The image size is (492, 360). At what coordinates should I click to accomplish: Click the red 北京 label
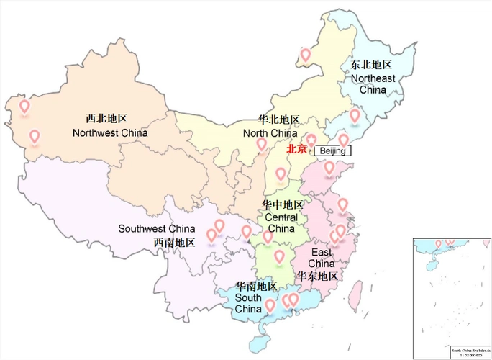tap(296, 150)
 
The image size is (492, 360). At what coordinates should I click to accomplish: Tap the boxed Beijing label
tap(333, 151)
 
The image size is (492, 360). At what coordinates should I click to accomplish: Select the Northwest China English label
tap(110, 132)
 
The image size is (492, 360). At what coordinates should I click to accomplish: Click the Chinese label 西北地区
tap(106, 118)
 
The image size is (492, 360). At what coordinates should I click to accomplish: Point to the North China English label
tap(270, 133)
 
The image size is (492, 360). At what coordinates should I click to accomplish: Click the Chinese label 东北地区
tap(371, 64)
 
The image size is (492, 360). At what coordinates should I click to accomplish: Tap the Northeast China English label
tap(373, 84)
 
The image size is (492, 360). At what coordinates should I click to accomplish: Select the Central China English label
tap(281, 223)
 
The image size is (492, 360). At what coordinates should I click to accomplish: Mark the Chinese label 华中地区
tap(283, 204)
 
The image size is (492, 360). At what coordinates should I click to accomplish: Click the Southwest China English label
tap(157, 229)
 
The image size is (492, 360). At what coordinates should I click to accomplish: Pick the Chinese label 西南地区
tap(174, 243)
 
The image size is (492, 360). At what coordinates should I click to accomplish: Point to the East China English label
tap(322, 258)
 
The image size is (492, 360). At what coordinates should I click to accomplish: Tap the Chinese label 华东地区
tap(317, 276)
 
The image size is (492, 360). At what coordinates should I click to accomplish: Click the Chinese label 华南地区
tap(256, 286)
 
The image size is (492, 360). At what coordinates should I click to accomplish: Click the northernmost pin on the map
tap(305, 54)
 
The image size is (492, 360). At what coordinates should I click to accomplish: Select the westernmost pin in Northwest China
tap(24, 107)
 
